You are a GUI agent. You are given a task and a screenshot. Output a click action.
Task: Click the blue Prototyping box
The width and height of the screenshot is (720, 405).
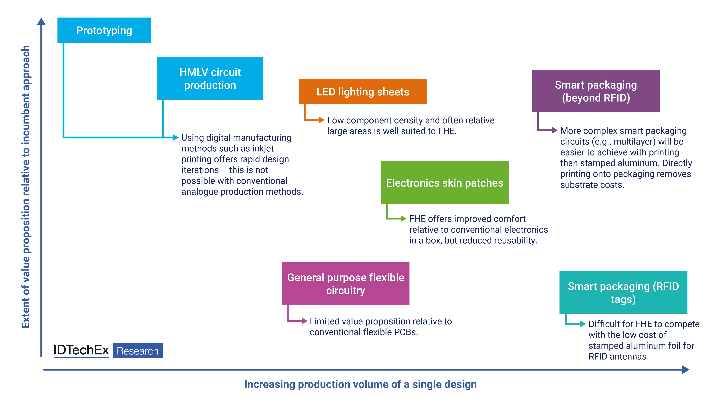coord(104,30)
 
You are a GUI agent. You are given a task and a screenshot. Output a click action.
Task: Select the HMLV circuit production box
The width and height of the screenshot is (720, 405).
coord(210,78)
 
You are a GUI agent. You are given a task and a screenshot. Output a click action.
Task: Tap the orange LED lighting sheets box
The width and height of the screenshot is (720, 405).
coord(363,91)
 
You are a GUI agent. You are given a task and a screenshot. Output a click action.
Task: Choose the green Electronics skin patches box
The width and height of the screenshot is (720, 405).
coord(444,183)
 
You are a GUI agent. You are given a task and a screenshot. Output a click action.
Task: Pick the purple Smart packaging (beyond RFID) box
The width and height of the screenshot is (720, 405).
coord(596,91)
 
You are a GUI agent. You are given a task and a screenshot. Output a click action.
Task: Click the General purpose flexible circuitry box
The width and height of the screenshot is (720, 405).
coord(346,283)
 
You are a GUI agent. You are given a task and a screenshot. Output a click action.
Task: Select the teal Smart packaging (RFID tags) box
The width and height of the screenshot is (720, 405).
coord(623,292)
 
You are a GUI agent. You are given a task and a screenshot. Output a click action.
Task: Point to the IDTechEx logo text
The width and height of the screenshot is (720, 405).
coord(81,350)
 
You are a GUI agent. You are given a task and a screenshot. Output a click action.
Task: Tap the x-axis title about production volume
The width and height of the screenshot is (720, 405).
coord(361,384)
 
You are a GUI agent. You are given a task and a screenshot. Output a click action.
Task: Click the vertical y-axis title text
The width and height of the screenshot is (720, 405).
coord(26,187)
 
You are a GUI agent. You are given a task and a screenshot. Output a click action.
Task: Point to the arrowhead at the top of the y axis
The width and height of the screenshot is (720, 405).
coord(41,21)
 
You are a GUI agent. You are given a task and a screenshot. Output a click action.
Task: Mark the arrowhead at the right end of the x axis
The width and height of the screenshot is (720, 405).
coord(686,369)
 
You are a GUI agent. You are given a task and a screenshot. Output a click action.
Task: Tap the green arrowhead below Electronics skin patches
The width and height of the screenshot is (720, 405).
coord(403,219)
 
